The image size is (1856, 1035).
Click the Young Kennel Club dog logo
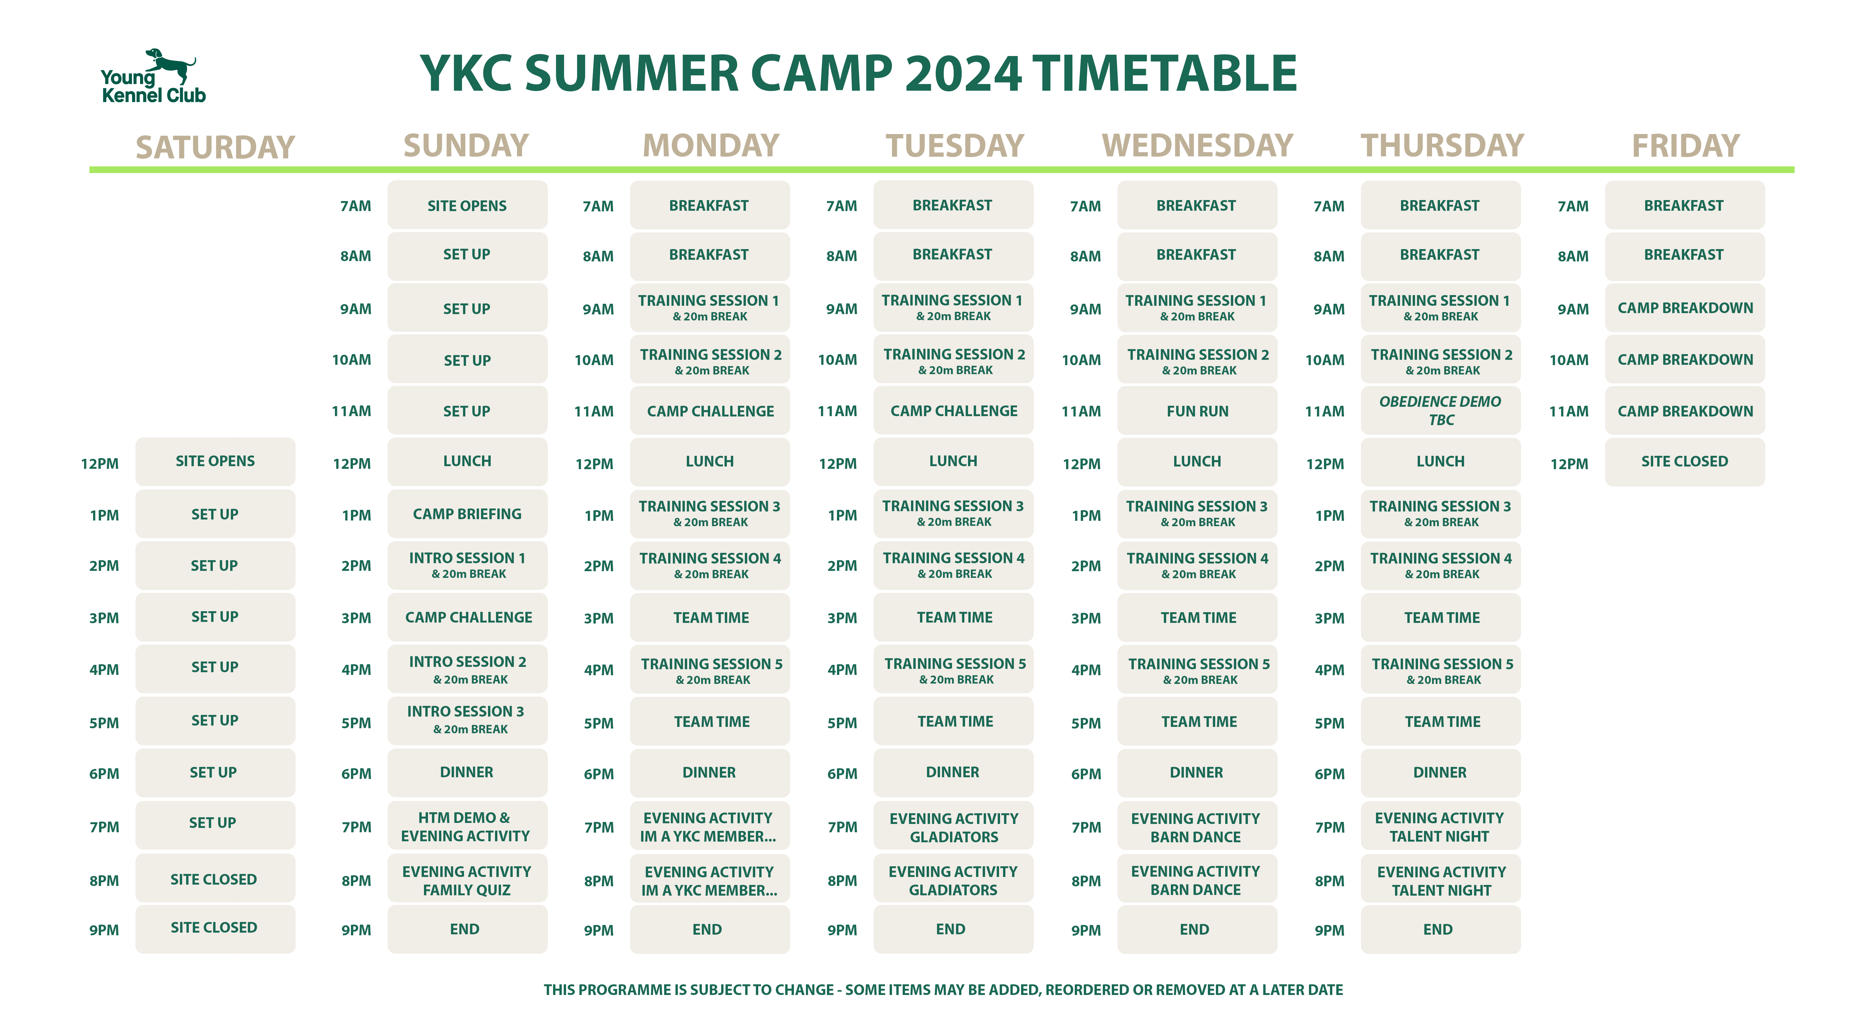point(153,76)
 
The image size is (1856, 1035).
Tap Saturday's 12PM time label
point(99,464)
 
